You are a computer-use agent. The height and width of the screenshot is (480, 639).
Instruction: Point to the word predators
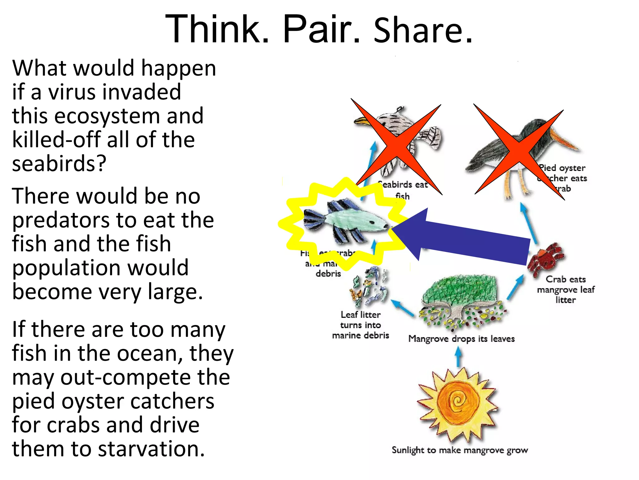[x=61, y=221]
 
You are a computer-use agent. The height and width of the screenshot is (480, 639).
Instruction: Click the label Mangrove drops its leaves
[x=461, y=339]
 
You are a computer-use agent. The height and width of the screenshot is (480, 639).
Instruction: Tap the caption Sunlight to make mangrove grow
[x=460, y=450]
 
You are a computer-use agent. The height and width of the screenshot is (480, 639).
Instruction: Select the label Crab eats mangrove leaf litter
[x=565, y=289]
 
